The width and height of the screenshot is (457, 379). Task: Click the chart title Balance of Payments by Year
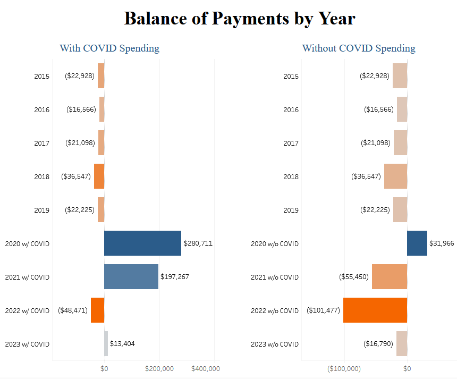tap(239, 18)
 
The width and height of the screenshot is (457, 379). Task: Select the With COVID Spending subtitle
tap(109, 48)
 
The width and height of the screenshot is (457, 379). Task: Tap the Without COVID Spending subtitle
tap(359, 48)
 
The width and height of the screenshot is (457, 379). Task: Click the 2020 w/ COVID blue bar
tap(142, 243)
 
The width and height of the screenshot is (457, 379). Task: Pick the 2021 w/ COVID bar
tap(131, 277)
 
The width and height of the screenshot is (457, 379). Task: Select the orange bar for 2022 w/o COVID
tap(375, 310)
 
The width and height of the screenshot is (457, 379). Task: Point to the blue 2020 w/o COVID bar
tap(417, 243)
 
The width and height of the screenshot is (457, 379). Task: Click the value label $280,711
tap(198, 243)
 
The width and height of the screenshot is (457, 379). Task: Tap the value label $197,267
tap(175, 277)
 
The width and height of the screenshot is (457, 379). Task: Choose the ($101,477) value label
tap(323, 310)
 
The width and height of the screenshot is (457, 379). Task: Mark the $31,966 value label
tap(442, 243)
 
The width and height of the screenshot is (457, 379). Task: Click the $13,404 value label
tap(122, 344)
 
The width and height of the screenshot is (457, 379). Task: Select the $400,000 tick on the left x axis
tap(205, 368)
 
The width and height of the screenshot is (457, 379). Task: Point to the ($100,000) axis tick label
tap(344, 368)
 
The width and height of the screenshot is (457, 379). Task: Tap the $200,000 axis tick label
tap(159, 368)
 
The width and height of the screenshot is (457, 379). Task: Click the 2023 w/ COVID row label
tap(27, 344)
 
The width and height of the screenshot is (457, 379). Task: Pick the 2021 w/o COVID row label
tap(275, 277)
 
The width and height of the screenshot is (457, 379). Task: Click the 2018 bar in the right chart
tap(395, 176)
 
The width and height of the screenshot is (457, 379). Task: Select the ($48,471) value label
tap(73, 310)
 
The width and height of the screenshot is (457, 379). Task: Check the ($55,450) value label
tap(354, 277)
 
